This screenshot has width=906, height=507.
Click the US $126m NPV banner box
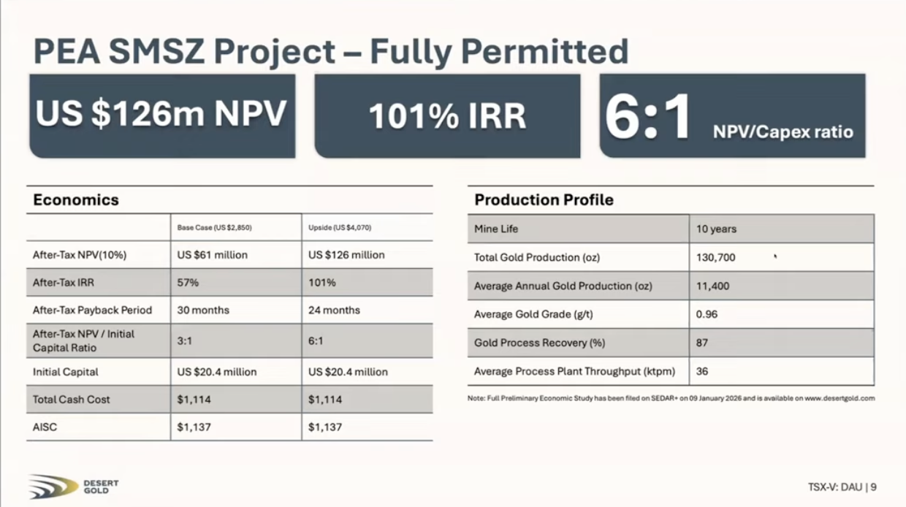(x=161, y=115)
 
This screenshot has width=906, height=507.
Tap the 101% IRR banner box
(x=447, y=116)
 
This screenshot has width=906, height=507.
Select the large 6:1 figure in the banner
(x=648, y=117)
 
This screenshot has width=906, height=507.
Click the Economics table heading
(x=76, y=200)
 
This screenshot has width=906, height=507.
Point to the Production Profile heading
(x=544, y=200)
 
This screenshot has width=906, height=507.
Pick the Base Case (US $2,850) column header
(x=215, y=228)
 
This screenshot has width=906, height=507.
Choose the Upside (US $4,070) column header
(x=340, y=228)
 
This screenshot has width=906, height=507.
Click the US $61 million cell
(x=212, y=255)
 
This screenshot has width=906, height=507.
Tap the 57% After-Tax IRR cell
(x=189, y=283)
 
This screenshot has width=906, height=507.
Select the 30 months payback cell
(x=203, y=310)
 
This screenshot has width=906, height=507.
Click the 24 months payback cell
(x=335, y=310)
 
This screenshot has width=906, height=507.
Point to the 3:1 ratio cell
(x=185, y=341)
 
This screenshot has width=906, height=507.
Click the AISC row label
(x=45, y=427)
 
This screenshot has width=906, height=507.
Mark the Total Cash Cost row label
(x=72, y=400)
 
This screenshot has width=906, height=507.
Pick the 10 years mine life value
(x=716, y=229)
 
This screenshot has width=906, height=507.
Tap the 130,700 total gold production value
(x=715, y=257)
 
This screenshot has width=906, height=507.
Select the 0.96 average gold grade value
(x=707, y=314)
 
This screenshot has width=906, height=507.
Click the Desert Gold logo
(x=73, y=487)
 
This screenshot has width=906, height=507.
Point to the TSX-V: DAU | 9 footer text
(x=842, y=487)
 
